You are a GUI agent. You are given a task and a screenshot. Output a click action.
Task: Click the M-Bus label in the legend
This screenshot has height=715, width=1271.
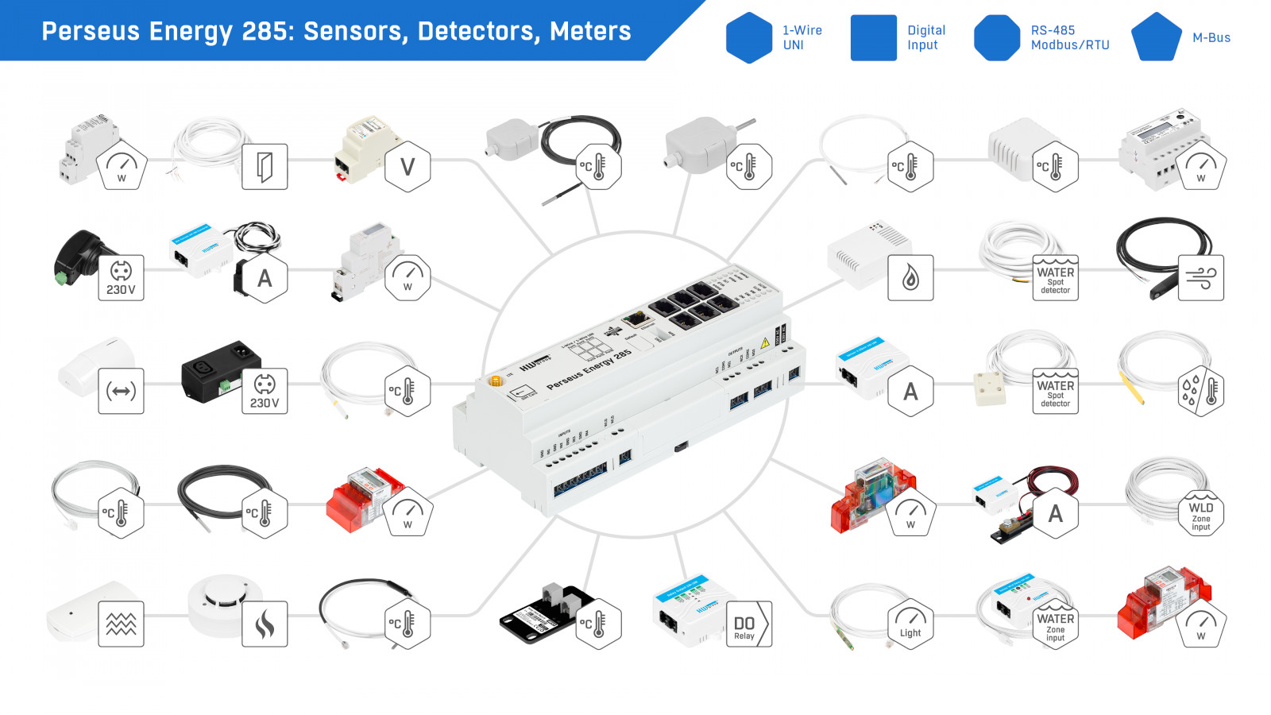tap(1211, 37)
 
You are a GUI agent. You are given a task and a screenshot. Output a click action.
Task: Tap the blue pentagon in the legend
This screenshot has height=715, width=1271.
tap(1156, 37)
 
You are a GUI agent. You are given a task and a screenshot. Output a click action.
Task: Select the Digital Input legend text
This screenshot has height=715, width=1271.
tap(925, 37)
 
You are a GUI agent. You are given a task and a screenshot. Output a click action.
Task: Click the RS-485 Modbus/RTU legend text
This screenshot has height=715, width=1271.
tap(1069, 37)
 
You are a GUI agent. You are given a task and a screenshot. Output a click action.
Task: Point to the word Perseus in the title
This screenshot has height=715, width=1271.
tap(90, 31)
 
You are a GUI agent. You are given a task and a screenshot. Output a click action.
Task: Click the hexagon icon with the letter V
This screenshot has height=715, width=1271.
tap(408, 167)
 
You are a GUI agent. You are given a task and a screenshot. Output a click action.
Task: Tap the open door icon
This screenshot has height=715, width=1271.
tap(265, 167)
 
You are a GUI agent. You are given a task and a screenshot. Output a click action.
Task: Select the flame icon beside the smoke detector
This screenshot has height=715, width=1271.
tap(265, 624)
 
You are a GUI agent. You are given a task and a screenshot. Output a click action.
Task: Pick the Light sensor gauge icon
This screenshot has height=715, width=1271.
tap(910, 624)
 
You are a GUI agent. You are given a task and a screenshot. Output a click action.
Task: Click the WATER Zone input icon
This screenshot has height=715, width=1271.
tap(1055, 624)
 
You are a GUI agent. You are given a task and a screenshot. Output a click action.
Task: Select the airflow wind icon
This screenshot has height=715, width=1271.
tap(1200, 278)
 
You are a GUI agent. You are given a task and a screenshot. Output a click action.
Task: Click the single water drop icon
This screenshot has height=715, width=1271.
tap(910, 278)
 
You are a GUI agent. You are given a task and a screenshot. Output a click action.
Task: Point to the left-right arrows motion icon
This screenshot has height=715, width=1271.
tap(121, 391)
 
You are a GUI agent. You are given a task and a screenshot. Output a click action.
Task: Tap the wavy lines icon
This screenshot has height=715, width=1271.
tap(121, 624)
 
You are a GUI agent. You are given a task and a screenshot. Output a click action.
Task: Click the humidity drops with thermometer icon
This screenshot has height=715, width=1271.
tap(1200, 391)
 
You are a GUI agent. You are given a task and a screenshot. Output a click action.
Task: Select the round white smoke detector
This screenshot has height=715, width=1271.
tap(225, 604)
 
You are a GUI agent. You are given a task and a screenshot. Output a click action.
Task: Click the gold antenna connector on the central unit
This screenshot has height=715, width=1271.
tap(496, 381)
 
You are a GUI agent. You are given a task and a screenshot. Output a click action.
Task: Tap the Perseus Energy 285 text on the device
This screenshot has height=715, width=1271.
tap(589, 369)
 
